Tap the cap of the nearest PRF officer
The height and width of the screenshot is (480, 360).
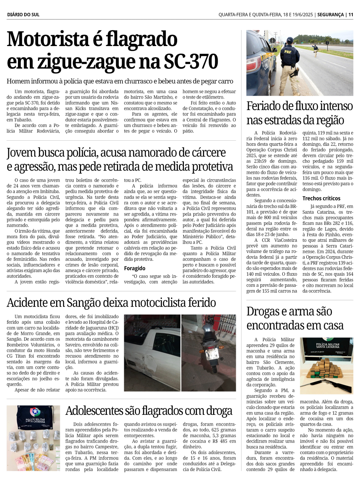coord(289,40)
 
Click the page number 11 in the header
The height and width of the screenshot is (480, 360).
coord(351,15)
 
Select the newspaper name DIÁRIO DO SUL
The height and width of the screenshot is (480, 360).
coord(23,15)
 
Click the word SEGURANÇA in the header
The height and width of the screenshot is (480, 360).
coord(330,15)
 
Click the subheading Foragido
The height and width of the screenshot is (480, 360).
coord(135,268)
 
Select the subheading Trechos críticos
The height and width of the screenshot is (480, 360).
coord(321,198)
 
